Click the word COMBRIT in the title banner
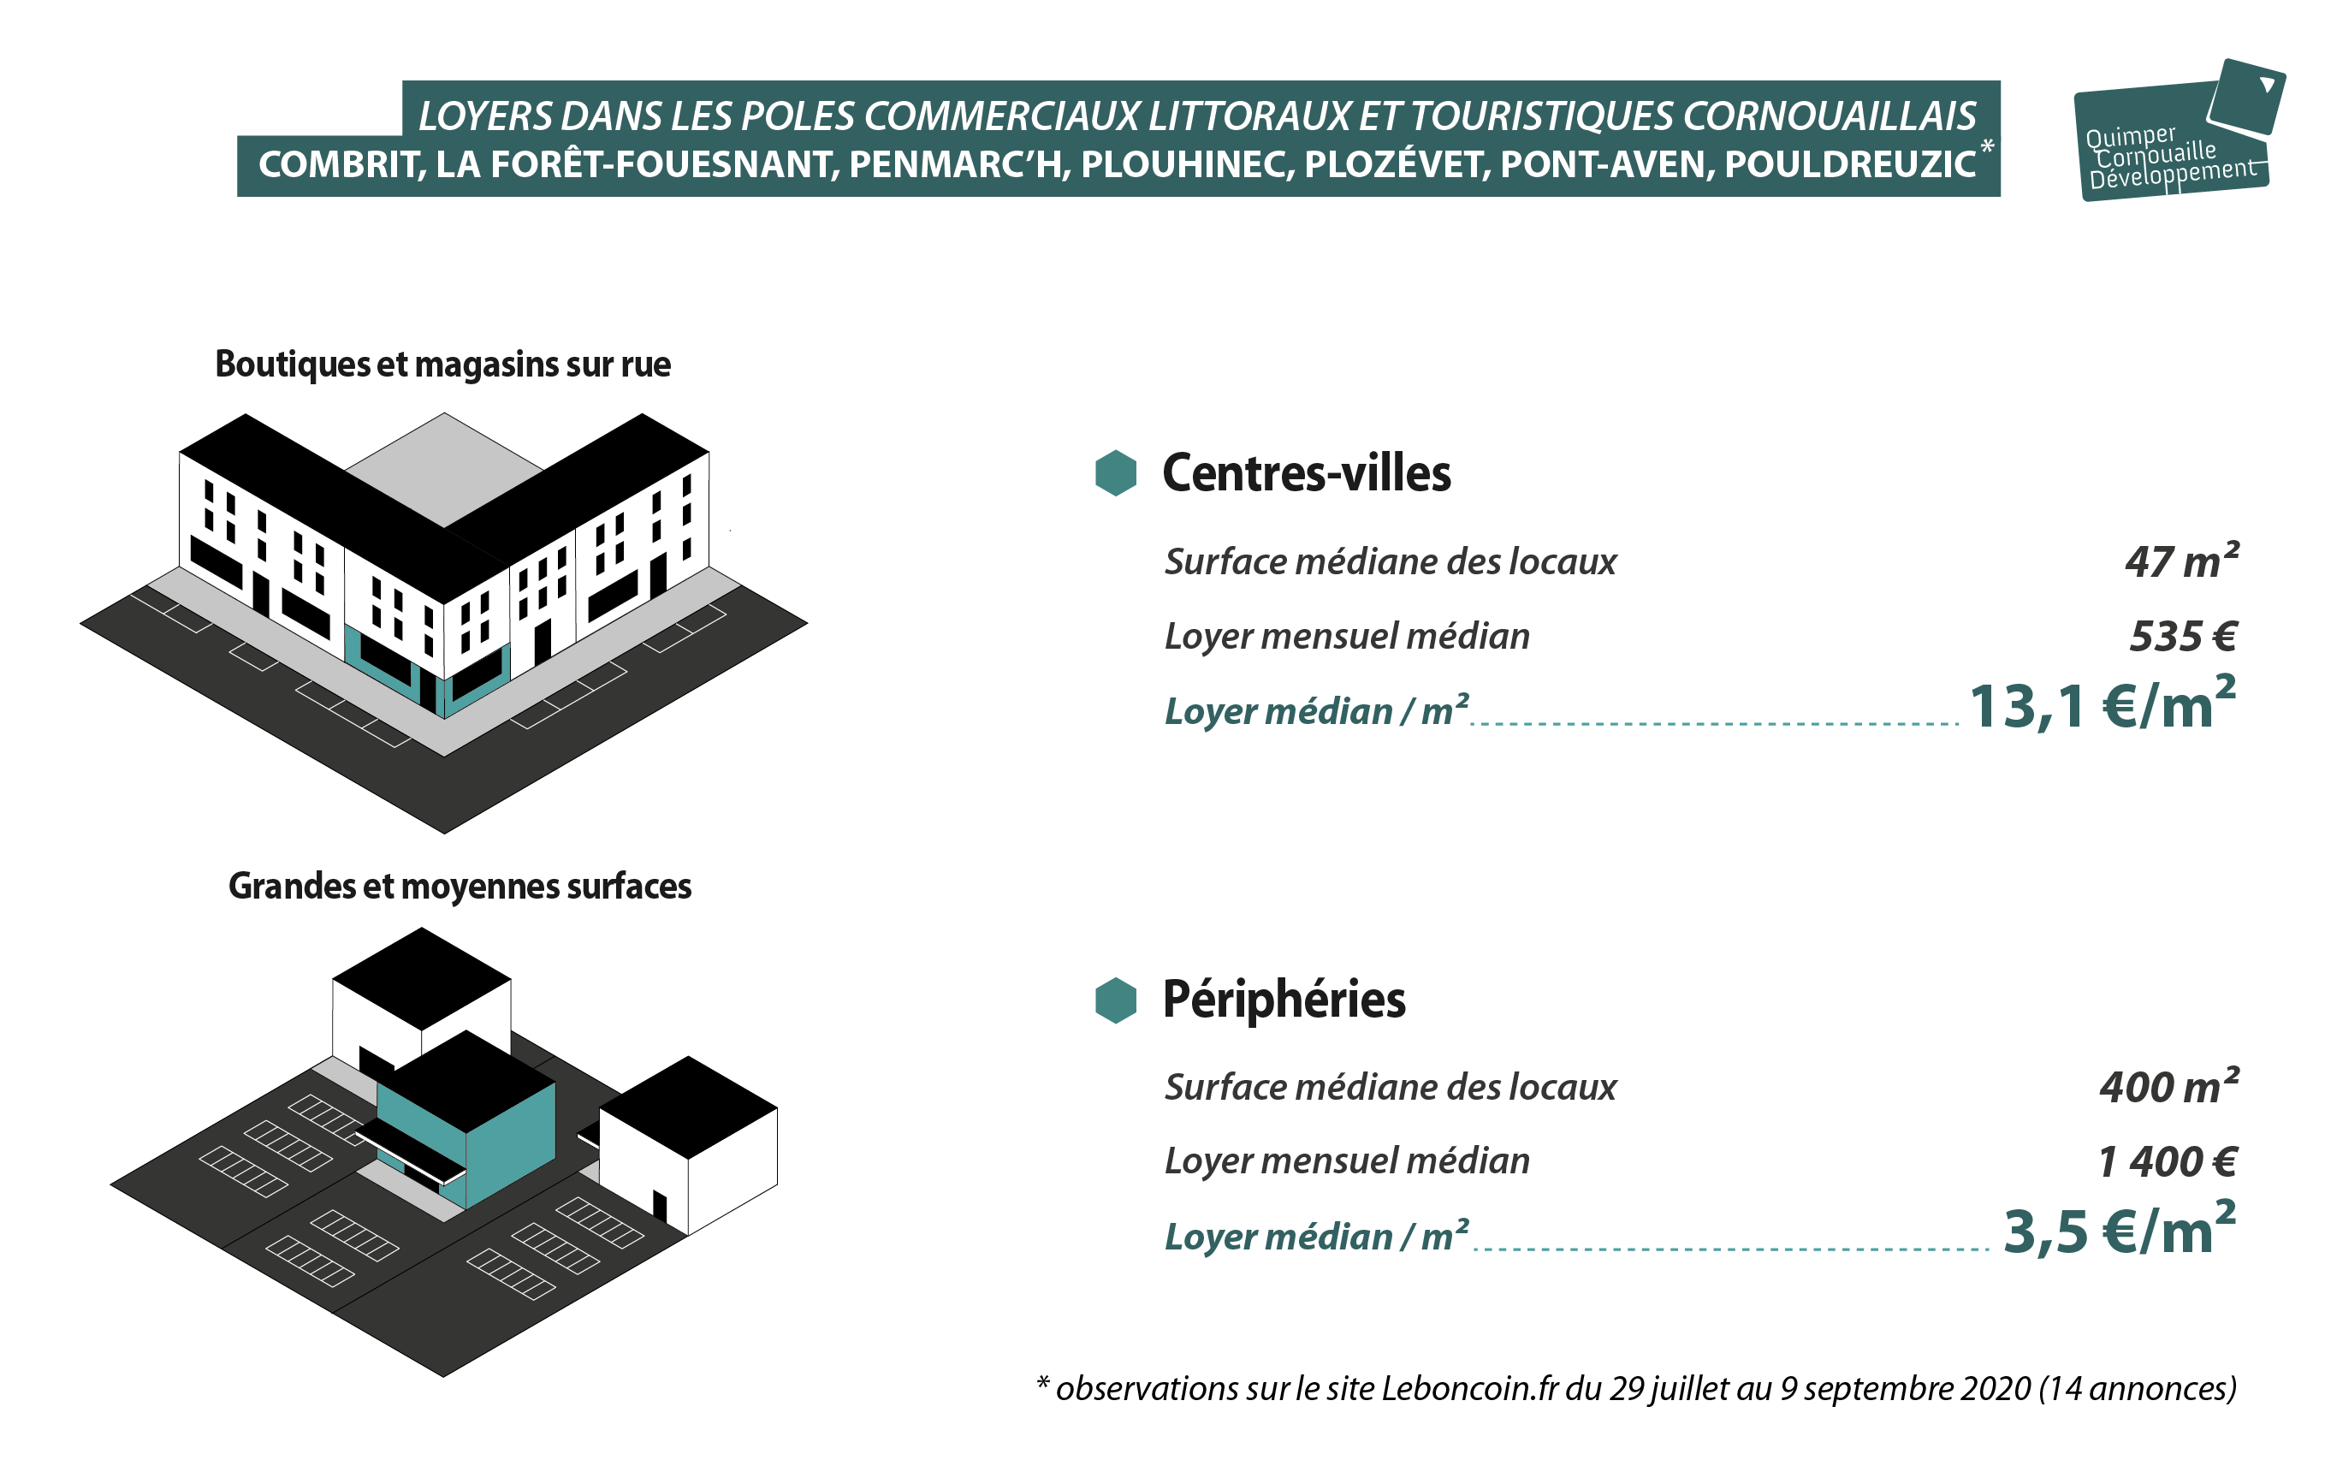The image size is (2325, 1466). [x=341, y=165]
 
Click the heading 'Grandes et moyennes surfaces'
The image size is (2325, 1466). [x=460, y=887]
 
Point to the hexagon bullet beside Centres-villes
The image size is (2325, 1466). [x=1116, y=473]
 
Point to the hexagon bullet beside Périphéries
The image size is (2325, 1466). [x=1116, y=1000]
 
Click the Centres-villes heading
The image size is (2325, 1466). [x=1307, y=473]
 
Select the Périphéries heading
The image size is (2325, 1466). [x=1284, y=1000]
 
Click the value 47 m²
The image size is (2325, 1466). [x=2182, y=561]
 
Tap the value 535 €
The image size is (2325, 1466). [x=2184, y=637]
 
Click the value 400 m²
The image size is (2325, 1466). [x=2169, y=1087]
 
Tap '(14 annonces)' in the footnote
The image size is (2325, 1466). [x=2138, y=1389]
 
